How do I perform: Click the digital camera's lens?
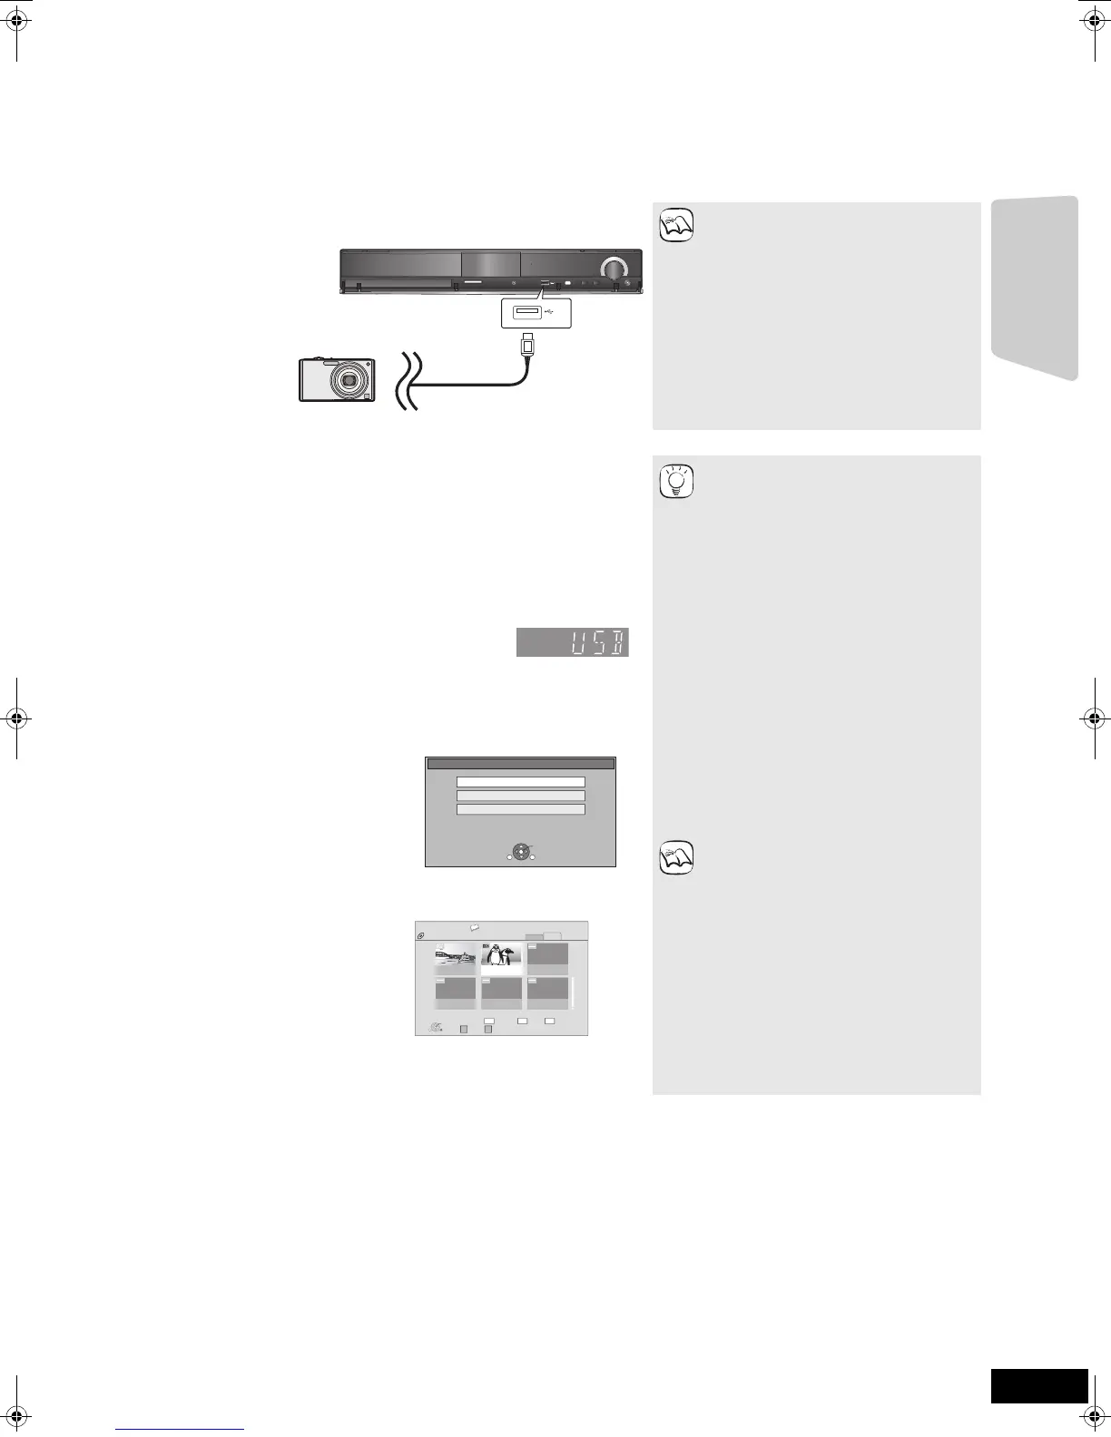348,380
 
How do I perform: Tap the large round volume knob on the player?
614,269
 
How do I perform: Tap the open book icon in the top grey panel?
676,224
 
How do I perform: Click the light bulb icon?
676,482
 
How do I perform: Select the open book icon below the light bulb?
676,857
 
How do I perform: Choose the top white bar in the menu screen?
520,781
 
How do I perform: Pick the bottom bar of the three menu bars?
520,809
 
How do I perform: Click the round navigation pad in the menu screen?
519,852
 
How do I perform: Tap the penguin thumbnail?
501,958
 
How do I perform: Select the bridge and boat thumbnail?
455,958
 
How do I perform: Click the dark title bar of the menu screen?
520,764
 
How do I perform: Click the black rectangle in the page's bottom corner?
1038,1386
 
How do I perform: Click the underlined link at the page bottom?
181,1429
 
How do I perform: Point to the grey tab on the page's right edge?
1035,288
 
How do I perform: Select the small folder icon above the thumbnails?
474,928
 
